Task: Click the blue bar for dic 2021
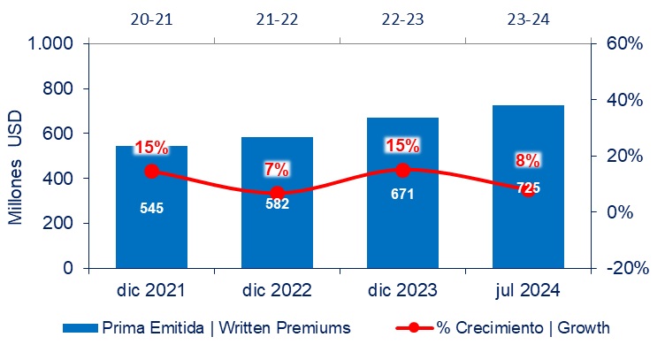[151, 207]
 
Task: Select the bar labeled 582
[277, 203]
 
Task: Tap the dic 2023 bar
[402, 193]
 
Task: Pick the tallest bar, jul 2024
[528, 187]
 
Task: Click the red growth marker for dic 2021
[151, 172]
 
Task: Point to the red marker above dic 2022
[277, 193]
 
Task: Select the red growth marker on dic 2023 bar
[402, 171]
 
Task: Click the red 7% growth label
[277, 170]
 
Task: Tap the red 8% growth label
[528, 161]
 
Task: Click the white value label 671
[402, 195]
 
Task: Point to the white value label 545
[151, 208]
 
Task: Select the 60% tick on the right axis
[624, 43]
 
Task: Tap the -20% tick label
[627, 268]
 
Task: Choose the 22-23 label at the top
[402, 19]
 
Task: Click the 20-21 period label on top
[151, 19]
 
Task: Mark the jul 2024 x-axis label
[528, 291]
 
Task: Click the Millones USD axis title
[15, 167]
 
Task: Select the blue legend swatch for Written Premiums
[80, 328]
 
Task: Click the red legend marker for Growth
[415, 328]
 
